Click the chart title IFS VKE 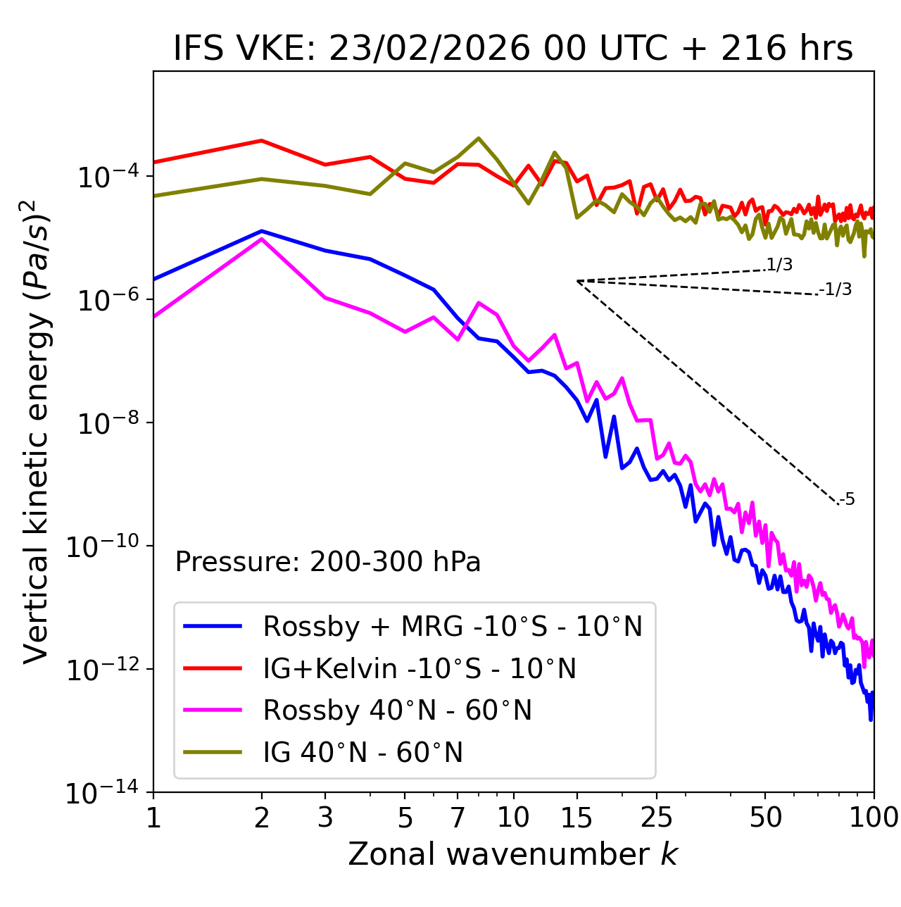point(513,49)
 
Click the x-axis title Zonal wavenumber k point(513,854)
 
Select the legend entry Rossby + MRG point(453,626)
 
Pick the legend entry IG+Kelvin point(420,668)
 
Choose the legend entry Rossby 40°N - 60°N point(397,711)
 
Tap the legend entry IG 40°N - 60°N point(363,753)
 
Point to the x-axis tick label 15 point(576,818)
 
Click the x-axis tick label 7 point(458,818)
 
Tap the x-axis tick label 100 point(874,818)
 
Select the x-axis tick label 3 point(325,818)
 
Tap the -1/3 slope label point(836,289)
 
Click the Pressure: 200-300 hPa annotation point(328,562)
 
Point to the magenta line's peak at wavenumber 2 point(262,239)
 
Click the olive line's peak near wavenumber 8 point(479,138)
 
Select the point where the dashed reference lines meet point(577,281)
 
